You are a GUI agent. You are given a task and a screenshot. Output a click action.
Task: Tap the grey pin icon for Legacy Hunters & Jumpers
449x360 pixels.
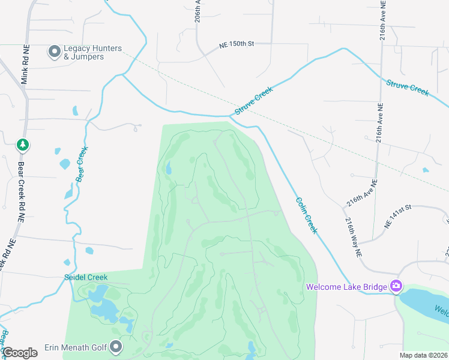[54, 52]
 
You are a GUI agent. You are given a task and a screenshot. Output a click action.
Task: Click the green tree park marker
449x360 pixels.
[22, 145]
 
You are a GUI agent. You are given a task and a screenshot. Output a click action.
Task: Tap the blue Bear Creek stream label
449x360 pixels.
[82, 164]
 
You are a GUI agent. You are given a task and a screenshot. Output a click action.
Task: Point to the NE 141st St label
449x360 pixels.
[397, 215]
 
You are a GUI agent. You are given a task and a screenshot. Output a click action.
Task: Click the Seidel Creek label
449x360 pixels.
[86, 277]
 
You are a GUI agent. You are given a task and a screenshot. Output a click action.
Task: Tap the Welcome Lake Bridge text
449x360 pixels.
[346, 287]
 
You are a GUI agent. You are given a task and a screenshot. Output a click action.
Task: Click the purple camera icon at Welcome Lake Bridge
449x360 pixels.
[396, 286]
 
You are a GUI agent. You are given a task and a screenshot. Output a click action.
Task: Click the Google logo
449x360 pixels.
[20, 353]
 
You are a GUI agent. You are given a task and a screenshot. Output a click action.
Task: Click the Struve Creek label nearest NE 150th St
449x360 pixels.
[254, 100]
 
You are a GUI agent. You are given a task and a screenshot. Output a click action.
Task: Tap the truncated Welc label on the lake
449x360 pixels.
[441, 312]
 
